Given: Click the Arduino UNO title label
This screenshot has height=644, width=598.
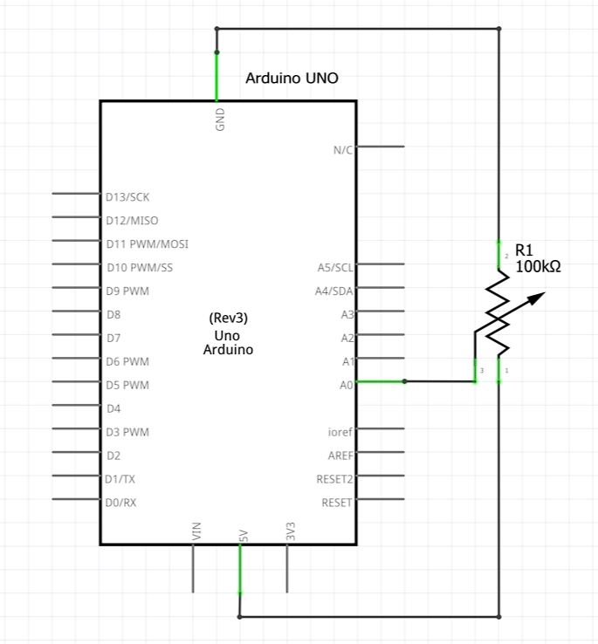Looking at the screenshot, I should (292, 79).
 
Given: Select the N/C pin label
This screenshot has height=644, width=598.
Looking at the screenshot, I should (343, 150).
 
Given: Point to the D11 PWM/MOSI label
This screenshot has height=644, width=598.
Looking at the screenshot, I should (147, 244).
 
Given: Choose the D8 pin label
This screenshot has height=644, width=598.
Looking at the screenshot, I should (113, 314).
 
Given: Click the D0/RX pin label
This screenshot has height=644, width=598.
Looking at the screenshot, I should (120, 503).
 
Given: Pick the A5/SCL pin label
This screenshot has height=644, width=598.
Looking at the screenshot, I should (335, 267).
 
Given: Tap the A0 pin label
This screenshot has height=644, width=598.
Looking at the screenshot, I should (347, 383).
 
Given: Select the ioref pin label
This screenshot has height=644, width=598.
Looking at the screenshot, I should (340, 432).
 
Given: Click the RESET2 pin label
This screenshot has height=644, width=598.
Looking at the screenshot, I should (334, 479).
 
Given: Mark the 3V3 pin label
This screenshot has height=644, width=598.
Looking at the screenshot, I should (290, 531).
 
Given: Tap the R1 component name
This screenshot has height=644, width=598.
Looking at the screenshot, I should (524, 249).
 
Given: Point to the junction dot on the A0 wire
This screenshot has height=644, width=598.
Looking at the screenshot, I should (404, 381).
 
